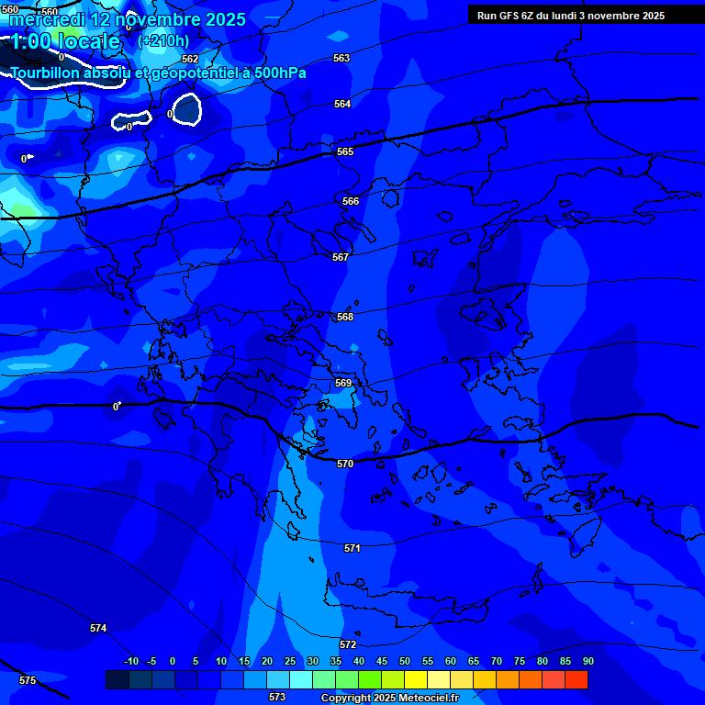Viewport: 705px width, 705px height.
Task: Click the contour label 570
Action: click(345, 464)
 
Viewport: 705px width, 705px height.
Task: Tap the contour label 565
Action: click(345, 151)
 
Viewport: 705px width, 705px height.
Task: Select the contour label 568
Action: click(345, 317)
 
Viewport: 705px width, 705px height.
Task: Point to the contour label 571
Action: click(352, 548)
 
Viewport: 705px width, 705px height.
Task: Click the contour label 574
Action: click(98, 628)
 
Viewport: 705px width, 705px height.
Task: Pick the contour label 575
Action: click(28, 680)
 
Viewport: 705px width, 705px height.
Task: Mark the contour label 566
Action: click(351, 201)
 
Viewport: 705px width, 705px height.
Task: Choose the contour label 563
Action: click(341, 58)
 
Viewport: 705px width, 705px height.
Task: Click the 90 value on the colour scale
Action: click(587, 661)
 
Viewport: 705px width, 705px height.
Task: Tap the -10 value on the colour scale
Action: click(130, 661)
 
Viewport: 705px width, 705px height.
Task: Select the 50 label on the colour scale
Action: click(405, 661)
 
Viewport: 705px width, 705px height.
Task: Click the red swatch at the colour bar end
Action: click(576, 679)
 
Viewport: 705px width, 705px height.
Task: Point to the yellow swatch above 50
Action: click(416, 679)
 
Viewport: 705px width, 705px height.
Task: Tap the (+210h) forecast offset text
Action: click(163, 40)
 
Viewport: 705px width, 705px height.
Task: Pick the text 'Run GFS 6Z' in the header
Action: click(506, 16)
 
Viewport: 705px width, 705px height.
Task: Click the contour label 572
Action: click(348, 644)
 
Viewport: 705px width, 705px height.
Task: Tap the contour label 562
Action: click(190, 59)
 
